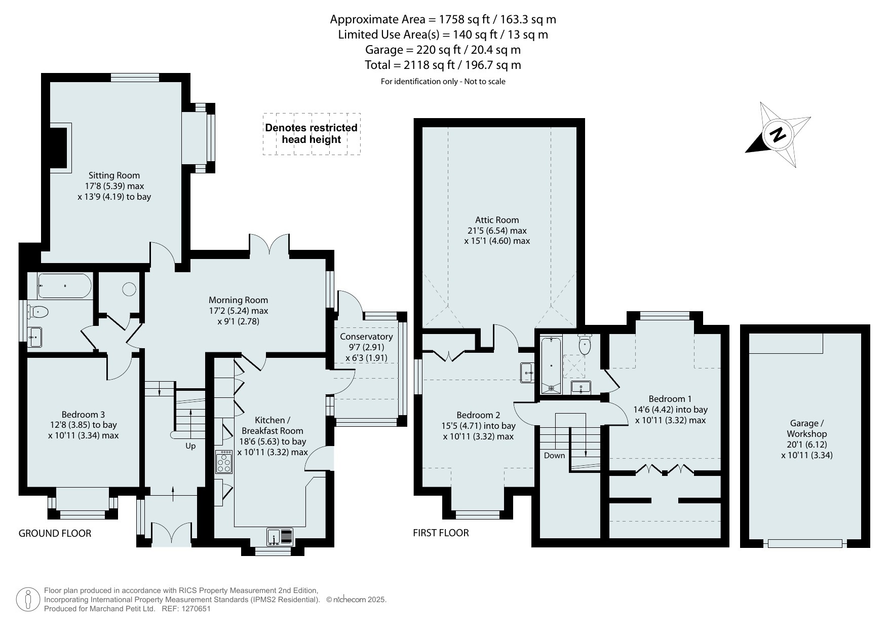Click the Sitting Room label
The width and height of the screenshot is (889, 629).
[x=114, y=175]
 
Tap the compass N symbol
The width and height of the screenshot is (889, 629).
[x=778, y=135]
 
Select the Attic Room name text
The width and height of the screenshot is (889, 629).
[x=497, y=220]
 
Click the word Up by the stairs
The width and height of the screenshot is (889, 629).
[x=190, y=446]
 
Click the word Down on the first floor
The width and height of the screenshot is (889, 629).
[x=554, y=455]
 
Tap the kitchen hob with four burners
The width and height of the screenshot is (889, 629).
[x=223, y=462]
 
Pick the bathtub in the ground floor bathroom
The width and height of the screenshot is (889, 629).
[x=65, y=286]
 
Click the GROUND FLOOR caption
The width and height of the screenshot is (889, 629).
[x=55, y=533]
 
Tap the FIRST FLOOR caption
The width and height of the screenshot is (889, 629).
[x=441, y=533]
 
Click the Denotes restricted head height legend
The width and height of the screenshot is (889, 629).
[x=312, y=134]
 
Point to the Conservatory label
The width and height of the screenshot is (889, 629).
[x=366, y=337]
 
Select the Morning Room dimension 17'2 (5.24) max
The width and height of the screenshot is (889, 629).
[x=238, y=311]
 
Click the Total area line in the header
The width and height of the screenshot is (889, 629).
[x=443, y=65]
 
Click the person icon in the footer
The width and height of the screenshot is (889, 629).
[x=28, y=600]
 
